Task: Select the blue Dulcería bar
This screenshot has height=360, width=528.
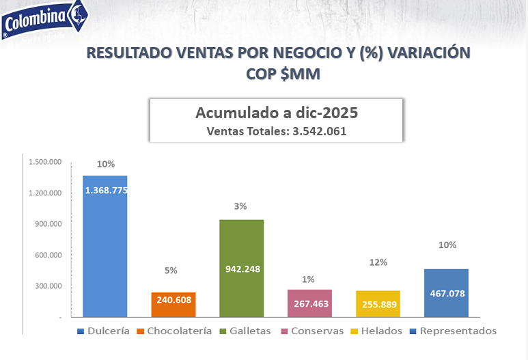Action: [x=105, y=246]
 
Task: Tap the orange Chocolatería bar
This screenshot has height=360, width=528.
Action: [x=173, y=305]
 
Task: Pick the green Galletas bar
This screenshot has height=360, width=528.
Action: [x=241, y=268]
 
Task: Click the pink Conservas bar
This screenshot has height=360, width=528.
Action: [x=309, y=303]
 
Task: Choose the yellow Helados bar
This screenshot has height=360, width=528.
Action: [x=378, y=303]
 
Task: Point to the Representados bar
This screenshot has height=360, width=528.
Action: [x=446, y=292]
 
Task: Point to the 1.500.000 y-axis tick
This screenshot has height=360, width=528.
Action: [x=46, y=162]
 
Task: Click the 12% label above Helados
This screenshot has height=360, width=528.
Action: [x=378, y=262]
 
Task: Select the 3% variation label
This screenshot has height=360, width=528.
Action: [x=240, y=206]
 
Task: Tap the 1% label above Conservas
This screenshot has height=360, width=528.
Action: [x=309, y=279]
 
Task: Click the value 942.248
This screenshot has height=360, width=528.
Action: [x=242, y=269]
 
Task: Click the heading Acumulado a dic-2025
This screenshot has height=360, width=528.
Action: [x=277, y=113]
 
